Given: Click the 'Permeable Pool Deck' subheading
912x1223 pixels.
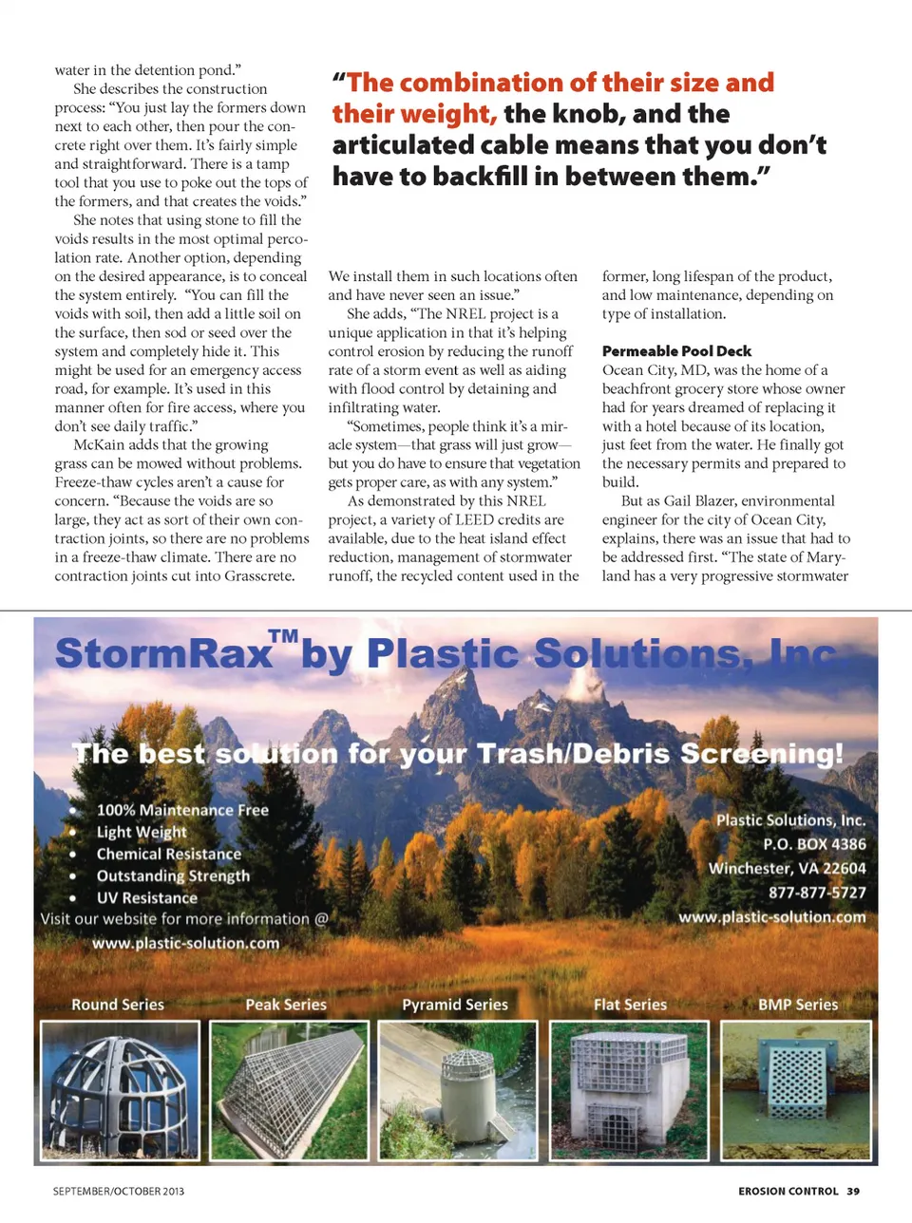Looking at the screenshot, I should click(676, 351).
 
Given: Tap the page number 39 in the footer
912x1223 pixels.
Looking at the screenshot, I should click(853, 1191).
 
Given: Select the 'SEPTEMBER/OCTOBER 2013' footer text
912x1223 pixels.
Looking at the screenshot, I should click(119, 1191).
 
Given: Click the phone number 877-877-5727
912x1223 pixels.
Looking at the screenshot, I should click(817, 893).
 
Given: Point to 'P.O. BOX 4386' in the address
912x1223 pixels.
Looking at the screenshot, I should click(814, 844).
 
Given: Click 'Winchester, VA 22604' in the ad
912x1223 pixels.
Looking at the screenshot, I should click(787, 868).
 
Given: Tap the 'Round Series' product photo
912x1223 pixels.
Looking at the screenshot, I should click(121, 1090).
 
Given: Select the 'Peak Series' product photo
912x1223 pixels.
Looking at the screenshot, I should click(289, 1090).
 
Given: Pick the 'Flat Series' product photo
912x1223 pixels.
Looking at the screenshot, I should click(629, 1090).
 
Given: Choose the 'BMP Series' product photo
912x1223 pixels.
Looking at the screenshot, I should click(796, 1090).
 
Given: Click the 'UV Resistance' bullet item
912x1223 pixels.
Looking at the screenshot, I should click(147, 897).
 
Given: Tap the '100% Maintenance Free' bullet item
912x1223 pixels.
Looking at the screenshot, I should click(182, 810).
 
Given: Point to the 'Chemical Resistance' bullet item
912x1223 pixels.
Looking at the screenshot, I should click(169, 854).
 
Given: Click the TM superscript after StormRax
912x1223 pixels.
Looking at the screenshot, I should click(283, 635).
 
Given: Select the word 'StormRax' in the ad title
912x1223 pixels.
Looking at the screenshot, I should click(163, 655).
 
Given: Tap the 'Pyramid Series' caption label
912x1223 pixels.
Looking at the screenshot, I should click(455, 1005).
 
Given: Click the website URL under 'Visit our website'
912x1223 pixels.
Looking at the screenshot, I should click(186, 943).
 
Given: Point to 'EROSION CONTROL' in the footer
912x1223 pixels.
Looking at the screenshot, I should click(788, 1191).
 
